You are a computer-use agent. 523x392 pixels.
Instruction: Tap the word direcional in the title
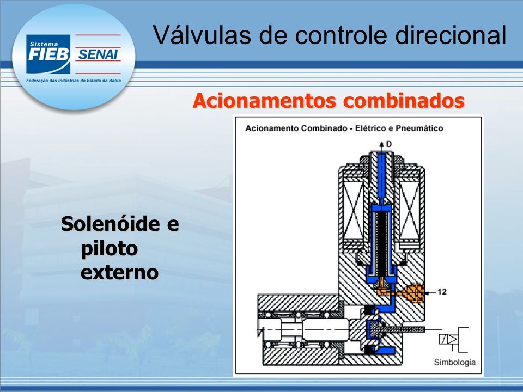point(451,35)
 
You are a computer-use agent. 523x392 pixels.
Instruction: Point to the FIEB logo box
point(48,54)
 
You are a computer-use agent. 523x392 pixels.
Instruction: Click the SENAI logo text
point(98,54)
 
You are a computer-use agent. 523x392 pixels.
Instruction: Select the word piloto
point(109,249)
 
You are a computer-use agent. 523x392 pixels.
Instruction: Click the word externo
point(119,272)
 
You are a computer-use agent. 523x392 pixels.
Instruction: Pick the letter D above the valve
point(388,144)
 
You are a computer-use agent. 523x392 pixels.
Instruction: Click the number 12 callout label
point(442,292)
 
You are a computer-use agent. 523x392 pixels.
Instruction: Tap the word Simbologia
point(454,363)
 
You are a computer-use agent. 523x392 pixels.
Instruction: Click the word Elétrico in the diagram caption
point(369,128)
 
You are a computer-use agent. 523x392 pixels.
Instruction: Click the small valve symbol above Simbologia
point(453,339)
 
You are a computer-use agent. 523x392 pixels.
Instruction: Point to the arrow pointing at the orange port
point(430,292)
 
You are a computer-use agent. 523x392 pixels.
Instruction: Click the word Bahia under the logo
point(115,81)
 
